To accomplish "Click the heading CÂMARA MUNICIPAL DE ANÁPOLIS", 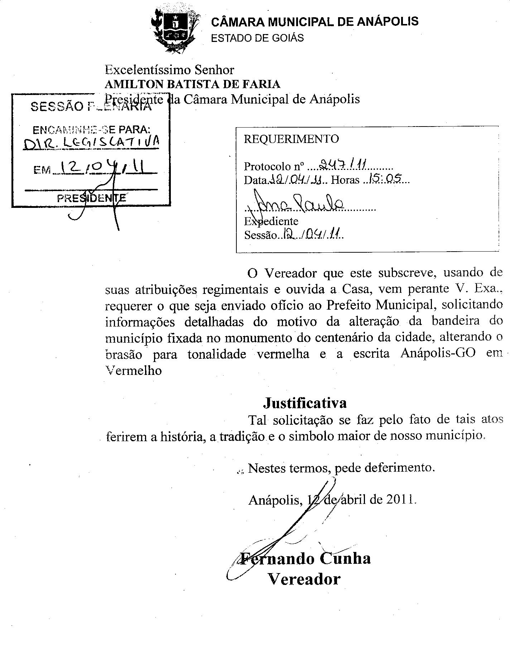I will click(x=314, y=22).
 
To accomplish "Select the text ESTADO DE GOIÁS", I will click(x=257, y=38).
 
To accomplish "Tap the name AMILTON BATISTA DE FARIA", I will click(x=192, y=84).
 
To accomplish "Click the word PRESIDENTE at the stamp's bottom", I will click(x=91, y=198).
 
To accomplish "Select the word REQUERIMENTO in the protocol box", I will click(x=291, y=139).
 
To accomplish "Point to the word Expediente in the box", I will click(x=271, y=221).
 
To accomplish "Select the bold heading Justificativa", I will click(x=305, y=403).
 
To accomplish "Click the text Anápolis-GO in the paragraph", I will click(x=438, y=353).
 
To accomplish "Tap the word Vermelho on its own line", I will click(x=134, y=370).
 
